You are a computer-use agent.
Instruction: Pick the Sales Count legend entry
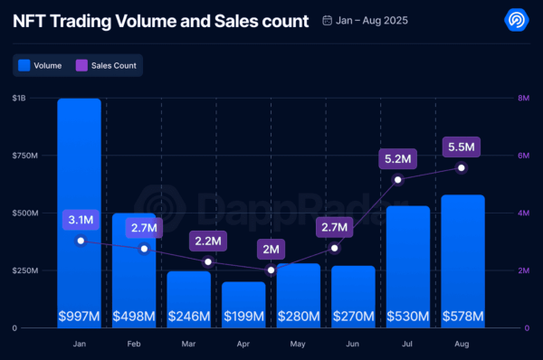click(x=109, y=65)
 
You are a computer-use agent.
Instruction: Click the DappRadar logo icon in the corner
click(x=517, y=20)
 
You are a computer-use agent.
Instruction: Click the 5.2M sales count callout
click(x=398, y=159)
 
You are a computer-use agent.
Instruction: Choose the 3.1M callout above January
click(x=81, y=220)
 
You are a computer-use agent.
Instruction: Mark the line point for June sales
click(x=334, y=248)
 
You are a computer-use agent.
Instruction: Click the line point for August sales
click(x=462, y=167)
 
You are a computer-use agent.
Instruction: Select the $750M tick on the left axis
click(x=26, y=156)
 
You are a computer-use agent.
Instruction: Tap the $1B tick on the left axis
click(x=20, y=98)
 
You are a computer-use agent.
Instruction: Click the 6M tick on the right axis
click(x=522, y=156)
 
